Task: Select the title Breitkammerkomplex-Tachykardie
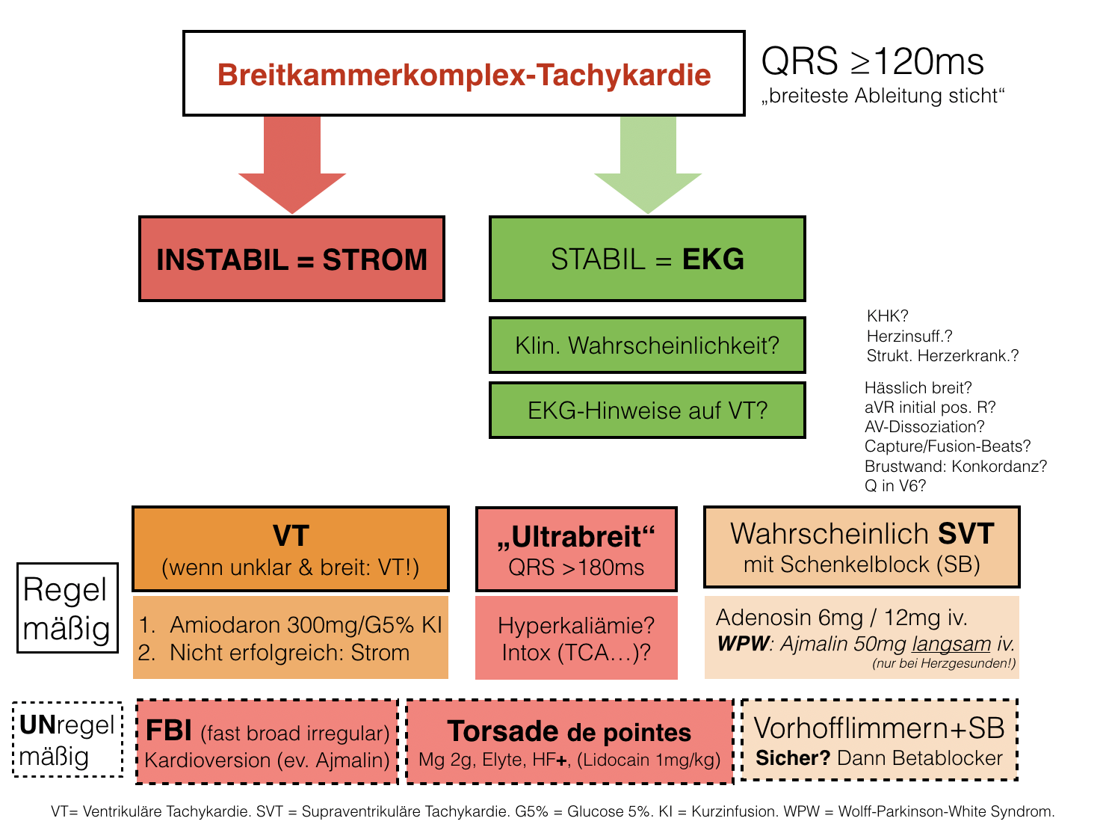coord(464,75)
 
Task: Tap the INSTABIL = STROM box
coord(291,259)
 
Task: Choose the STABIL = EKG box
coord(647,259)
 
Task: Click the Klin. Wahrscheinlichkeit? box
coord(647,345)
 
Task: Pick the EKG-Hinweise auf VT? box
coord(647,411)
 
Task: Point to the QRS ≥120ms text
coord(872,61)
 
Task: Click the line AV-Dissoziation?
coord(924,427)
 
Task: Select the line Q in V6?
coord(895,486)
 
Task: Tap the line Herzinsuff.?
coord(909,336)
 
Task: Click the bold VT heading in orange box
coord(291,536)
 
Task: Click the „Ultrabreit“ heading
coord(576,537)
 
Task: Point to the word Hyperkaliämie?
coord(576,625)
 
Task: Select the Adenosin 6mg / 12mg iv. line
coord(841,618)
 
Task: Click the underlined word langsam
coord(951,644)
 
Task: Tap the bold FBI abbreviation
coord(169,730)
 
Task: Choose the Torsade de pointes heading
coord(569,731)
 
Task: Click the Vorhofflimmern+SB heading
coord(879,728)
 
